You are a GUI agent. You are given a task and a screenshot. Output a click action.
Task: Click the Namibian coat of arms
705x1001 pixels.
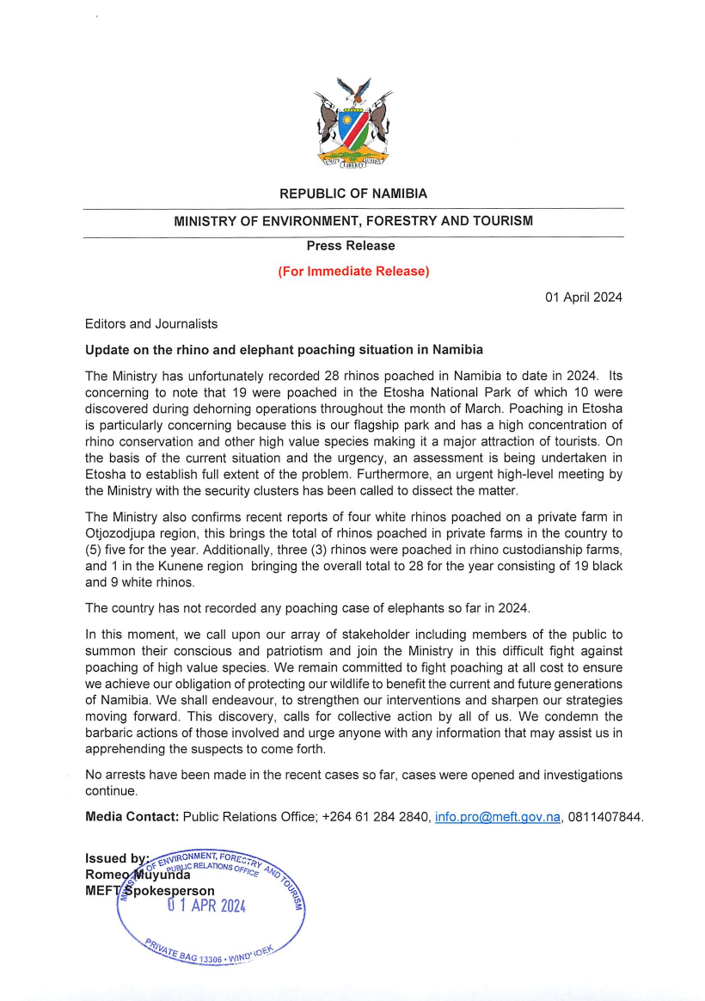coord(352,125)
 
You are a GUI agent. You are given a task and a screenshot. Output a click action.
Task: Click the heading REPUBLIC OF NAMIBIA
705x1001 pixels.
coord(352,194)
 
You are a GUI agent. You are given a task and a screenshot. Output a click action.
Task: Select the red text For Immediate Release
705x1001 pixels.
coord(352,271)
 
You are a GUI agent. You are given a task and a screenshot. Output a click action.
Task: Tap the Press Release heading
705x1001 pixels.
coord(352,246)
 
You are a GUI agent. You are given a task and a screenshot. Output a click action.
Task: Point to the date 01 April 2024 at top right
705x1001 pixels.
coord(584,298)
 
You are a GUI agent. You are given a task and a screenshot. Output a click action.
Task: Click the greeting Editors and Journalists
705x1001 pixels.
coord(151,324)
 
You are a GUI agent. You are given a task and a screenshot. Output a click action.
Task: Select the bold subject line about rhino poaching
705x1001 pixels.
coord(284,350)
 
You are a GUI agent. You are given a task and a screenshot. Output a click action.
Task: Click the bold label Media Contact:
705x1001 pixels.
coord(132,816)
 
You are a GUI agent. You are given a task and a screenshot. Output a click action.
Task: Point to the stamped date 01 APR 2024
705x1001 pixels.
coord(206,905)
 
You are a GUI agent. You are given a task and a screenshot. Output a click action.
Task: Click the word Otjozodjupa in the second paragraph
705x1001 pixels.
coord(120,532)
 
